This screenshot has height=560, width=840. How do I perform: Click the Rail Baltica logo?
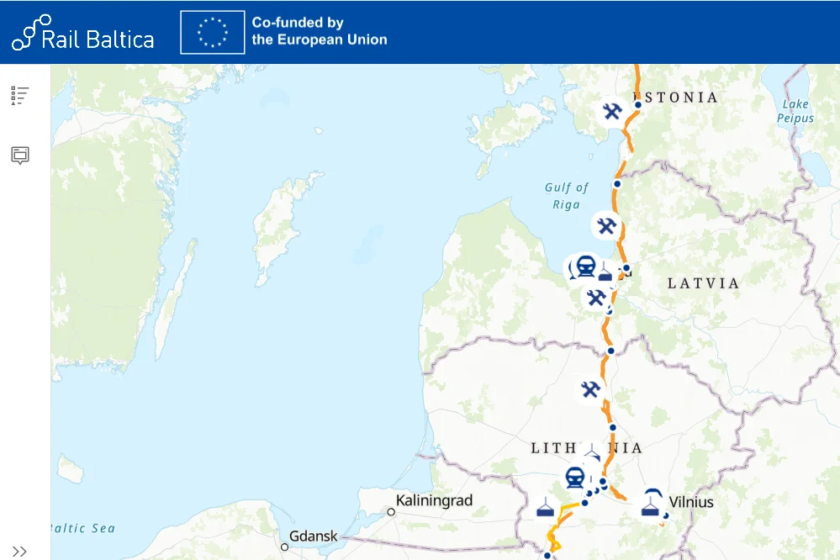[x=82, y=33]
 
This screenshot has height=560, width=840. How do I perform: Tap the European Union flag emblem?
[x=213, y=33]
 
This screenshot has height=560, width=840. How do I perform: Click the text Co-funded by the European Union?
[x=320, y=32]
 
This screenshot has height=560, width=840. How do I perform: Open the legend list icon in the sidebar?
[x=20, y=95]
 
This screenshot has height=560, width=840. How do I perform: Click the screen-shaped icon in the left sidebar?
[x=20, y=155]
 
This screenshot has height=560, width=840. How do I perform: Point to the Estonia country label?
[x=681, y=98]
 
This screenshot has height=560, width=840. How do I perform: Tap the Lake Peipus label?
[x=795, y=111]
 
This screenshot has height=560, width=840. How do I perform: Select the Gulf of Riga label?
[x=567, y=196]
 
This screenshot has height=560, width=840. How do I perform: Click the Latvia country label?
[x=703, y=283]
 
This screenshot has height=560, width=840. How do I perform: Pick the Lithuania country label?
[x=586, y=448]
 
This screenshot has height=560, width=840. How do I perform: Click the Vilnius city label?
[x=692, y=503]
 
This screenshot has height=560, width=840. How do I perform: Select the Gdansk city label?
[x=314, y=536]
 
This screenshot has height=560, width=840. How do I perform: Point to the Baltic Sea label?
[x=84, y=528]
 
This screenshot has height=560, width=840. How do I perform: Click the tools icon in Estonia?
[x=612, y=111]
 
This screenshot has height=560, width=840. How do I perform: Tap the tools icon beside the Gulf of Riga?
[x=605, y=225]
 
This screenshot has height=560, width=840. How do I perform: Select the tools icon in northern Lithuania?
[x=590, y=388]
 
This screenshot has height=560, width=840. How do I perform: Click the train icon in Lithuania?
[x=575, y=478]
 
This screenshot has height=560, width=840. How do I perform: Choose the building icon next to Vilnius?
[x=649, y=505]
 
